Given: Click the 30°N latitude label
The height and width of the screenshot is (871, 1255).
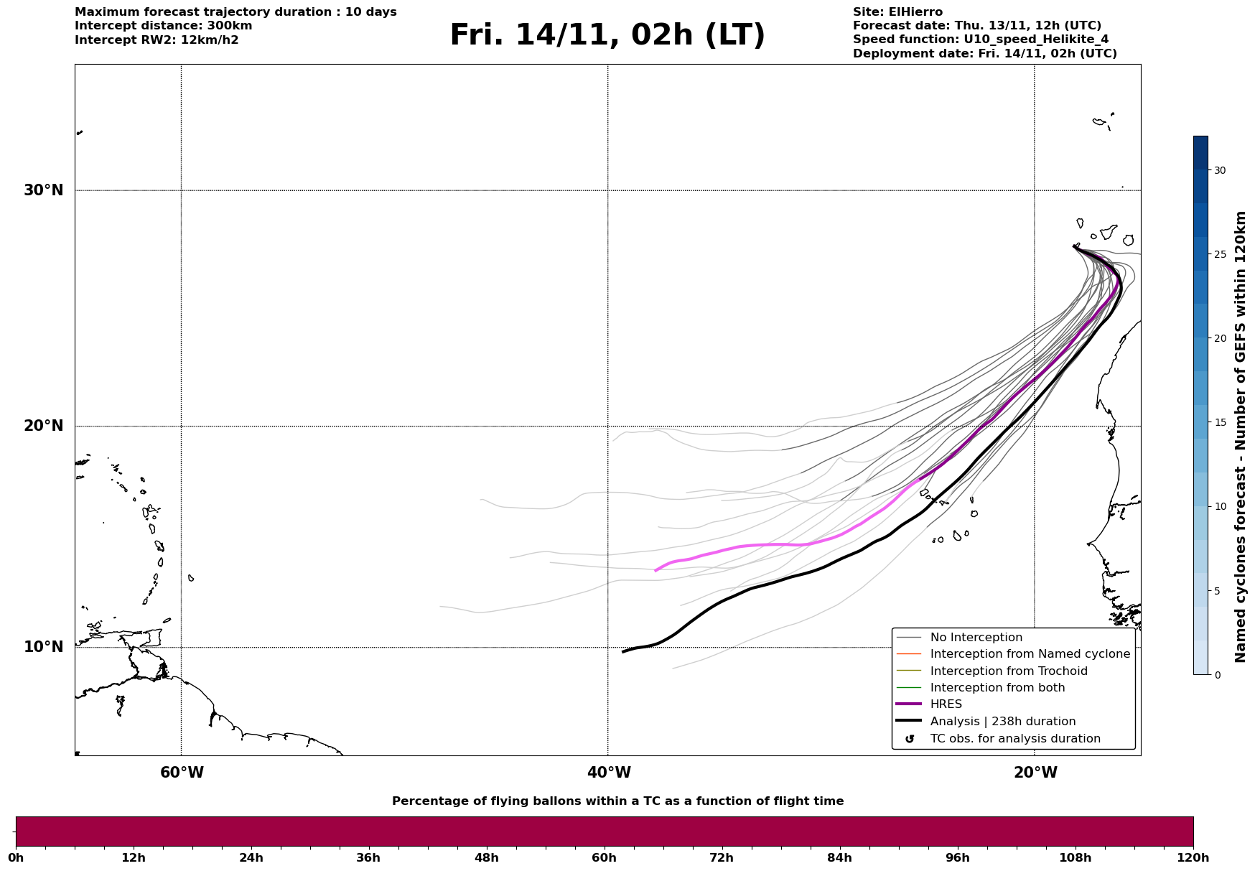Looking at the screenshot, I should tap(43, 190).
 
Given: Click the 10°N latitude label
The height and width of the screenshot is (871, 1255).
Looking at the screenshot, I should tap(43, 647).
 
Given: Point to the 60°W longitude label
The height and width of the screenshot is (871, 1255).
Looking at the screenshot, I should tap(182, 773).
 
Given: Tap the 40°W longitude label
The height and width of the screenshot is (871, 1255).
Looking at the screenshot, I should tap(609, 773).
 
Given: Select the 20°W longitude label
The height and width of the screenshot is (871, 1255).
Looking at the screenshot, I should tap(1035, 773).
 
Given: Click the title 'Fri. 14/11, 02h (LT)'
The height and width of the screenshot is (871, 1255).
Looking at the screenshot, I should tap(607, 35).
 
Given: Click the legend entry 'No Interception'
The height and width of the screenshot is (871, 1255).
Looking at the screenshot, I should tap(976, 638).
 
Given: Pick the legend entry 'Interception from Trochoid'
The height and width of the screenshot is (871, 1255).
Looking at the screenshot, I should tap(1008, 671).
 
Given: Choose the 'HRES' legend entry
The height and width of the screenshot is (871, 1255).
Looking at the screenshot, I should tap(946, 704).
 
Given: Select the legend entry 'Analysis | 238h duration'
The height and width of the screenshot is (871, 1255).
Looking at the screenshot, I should tap(1002, 722).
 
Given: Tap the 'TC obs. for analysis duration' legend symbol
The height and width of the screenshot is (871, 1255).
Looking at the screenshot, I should tap(910, 739).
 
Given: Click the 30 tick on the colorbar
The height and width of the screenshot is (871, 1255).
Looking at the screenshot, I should tap(1219, 170).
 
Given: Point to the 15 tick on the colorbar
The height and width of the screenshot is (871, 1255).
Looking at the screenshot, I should tap(1219, 422).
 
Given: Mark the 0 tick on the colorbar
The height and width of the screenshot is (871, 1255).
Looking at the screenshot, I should tap(1216, 675).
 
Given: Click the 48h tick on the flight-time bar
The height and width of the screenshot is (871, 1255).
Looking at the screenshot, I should tap(486, 857).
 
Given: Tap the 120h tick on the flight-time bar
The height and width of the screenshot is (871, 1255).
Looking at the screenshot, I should tap(1193, 857).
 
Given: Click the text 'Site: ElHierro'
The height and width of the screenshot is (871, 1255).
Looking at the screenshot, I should tap(897, 12).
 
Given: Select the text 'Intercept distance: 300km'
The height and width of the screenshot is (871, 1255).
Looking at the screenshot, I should tap(163, 26).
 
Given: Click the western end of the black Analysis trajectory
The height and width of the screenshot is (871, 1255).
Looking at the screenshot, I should tap(623, 651).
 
